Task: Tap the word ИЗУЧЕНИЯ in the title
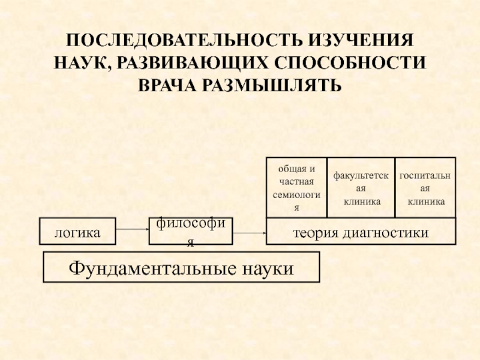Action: (x=361, y=42)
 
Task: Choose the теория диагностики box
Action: (x=361, y=232)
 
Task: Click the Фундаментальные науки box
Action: (x=181, y=267)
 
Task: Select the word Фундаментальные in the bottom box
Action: (x=148, y=268)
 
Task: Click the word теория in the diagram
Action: (x=314, y=232)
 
